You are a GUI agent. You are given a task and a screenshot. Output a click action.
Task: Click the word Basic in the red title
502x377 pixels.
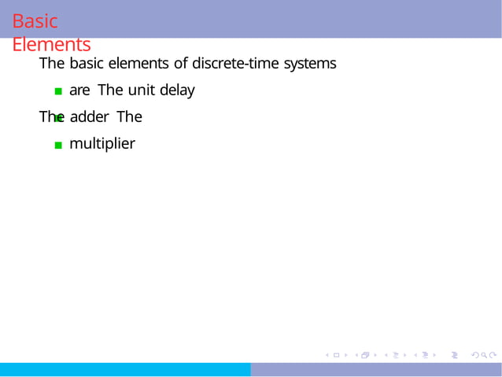pos(35,21)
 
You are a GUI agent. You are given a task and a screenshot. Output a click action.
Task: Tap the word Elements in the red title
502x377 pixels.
pos(51,45)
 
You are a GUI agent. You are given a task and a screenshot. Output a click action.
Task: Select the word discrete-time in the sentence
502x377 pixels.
pos(237,63)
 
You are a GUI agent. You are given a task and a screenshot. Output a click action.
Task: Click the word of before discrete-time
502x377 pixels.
pos(180,63)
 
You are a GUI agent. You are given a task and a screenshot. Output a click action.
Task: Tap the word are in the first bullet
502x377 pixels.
pos(79,91)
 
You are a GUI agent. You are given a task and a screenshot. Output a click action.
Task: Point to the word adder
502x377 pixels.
pos(88,117)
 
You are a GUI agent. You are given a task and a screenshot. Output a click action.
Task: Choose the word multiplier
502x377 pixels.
pos(102,144)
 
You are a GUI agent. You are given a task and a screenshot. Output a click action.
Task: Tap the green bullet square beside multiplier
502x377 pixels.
pos(58,145)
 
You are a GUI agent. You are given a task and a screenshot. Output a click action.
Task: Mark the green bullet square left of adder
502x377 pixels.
pos(58,118)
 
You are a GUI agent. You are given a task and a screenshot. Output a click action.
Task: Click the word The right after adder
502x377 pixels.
pos(129,117)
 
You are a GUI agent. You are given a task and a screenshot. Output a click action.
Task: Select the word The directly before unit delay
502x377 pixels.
pos(111,91)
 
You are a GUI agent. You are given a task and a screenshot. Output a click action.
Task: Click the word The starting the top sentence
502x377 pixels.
pos(52,63)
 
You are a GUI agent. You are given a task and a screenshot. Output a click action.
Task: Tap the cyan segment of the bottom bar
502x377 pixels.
pos(125,370)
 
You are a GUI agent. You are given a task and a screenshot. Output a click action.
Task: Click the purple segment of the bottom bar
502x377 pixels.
pos(376,370)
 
